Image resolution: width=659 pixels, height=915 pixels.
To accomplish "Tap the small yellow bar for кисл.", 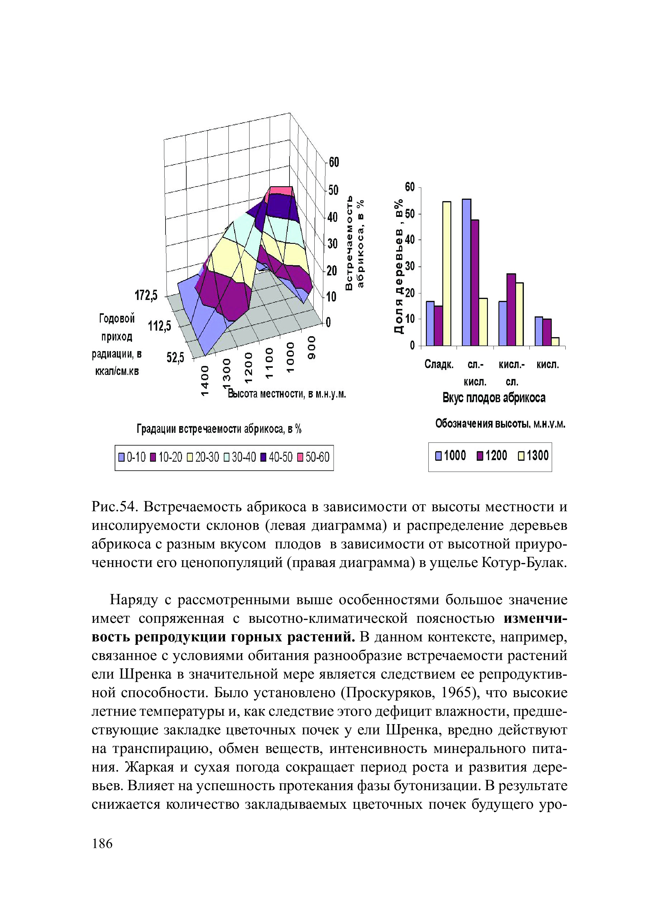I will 555,341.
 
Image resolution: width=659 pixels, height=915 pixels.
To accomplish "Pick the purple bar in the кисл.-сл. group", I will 511,310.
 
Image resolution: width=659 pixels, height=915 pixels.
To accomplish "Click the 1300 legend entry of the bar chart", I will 533,456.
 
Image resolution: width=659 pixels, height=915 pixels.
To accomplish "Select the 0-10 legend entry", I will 132,457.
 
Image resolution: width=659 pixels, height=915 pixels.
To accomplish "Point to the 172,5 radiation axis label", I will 146,296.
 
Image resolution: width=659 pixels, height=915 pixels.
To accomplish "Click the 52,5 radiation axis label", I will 175,357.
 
